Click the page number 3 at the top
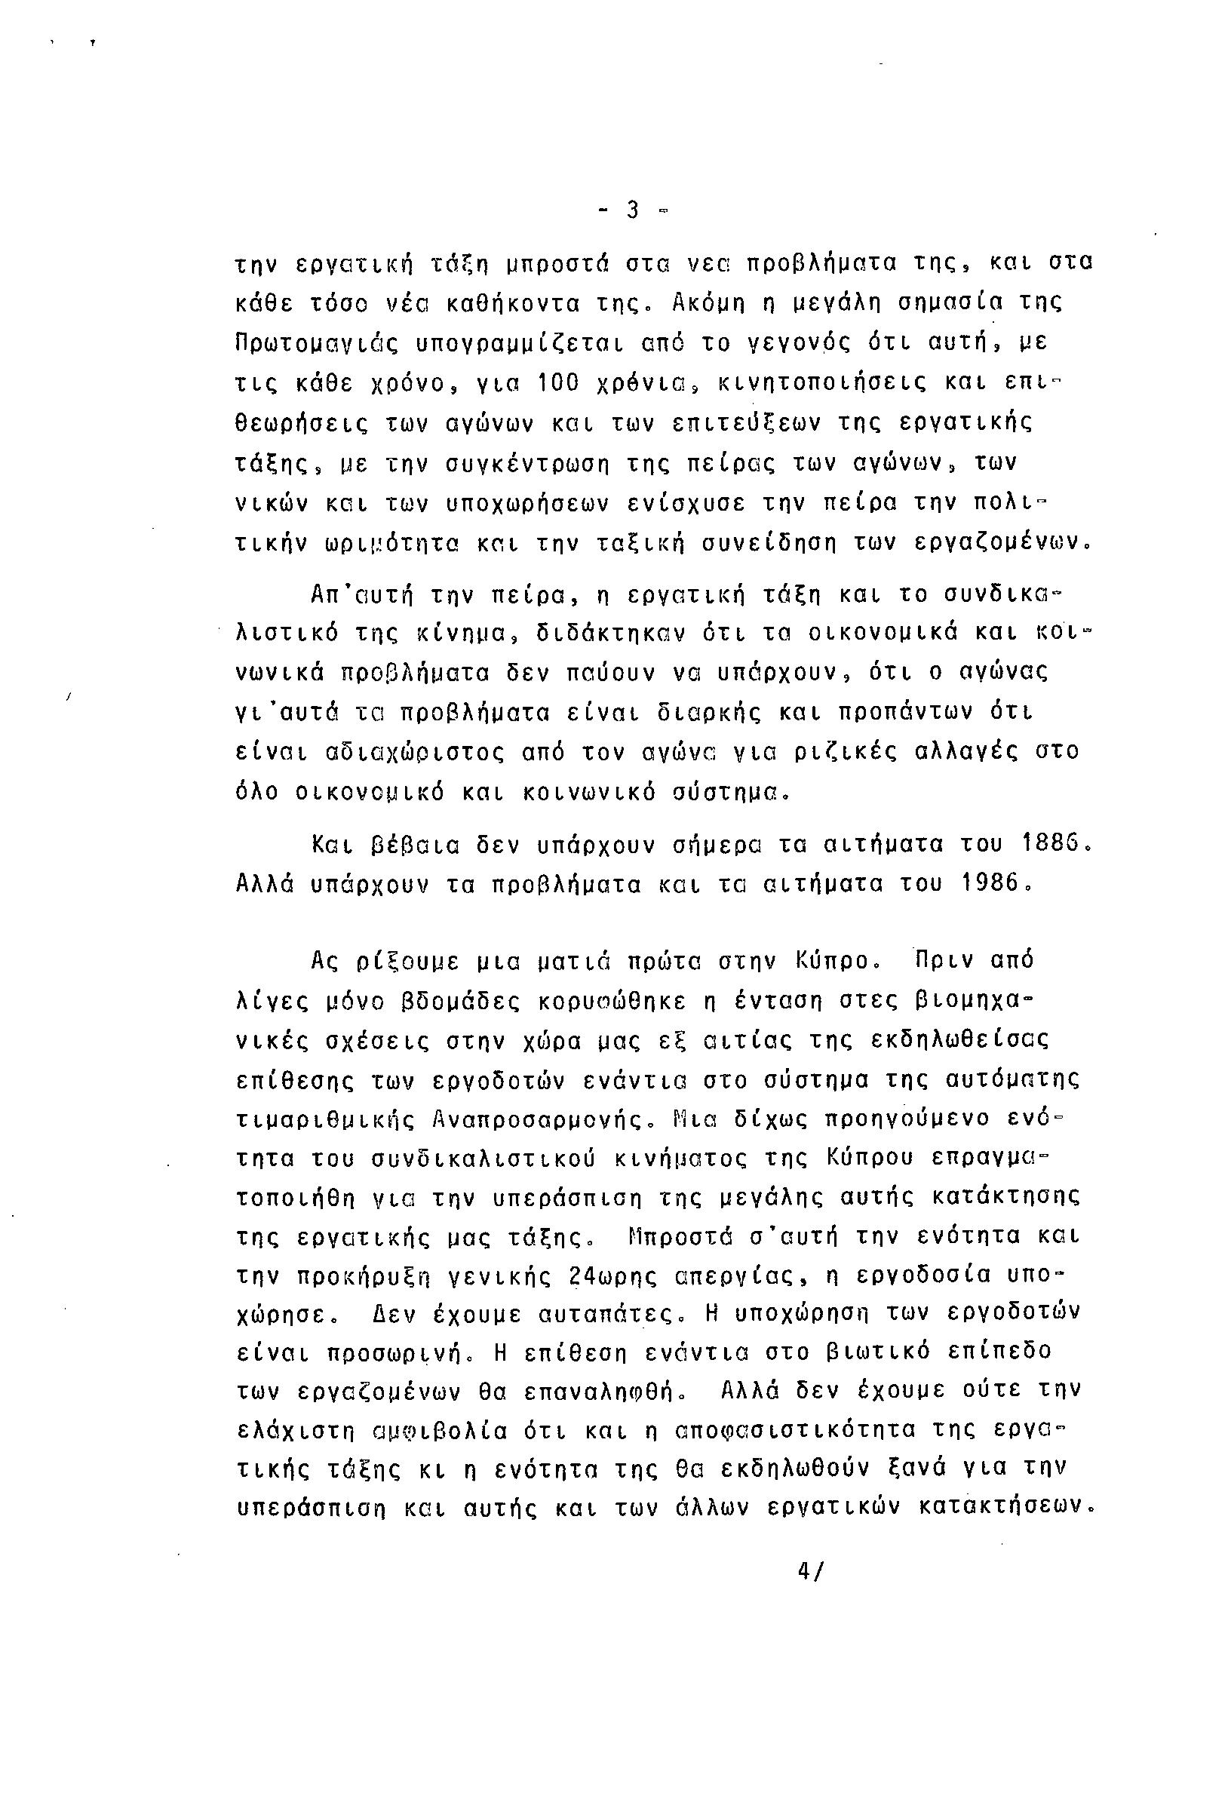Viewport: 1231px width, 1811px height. (x=633, y=210)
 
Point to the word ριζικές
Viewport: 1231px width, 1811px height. (x=832, y=753)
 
